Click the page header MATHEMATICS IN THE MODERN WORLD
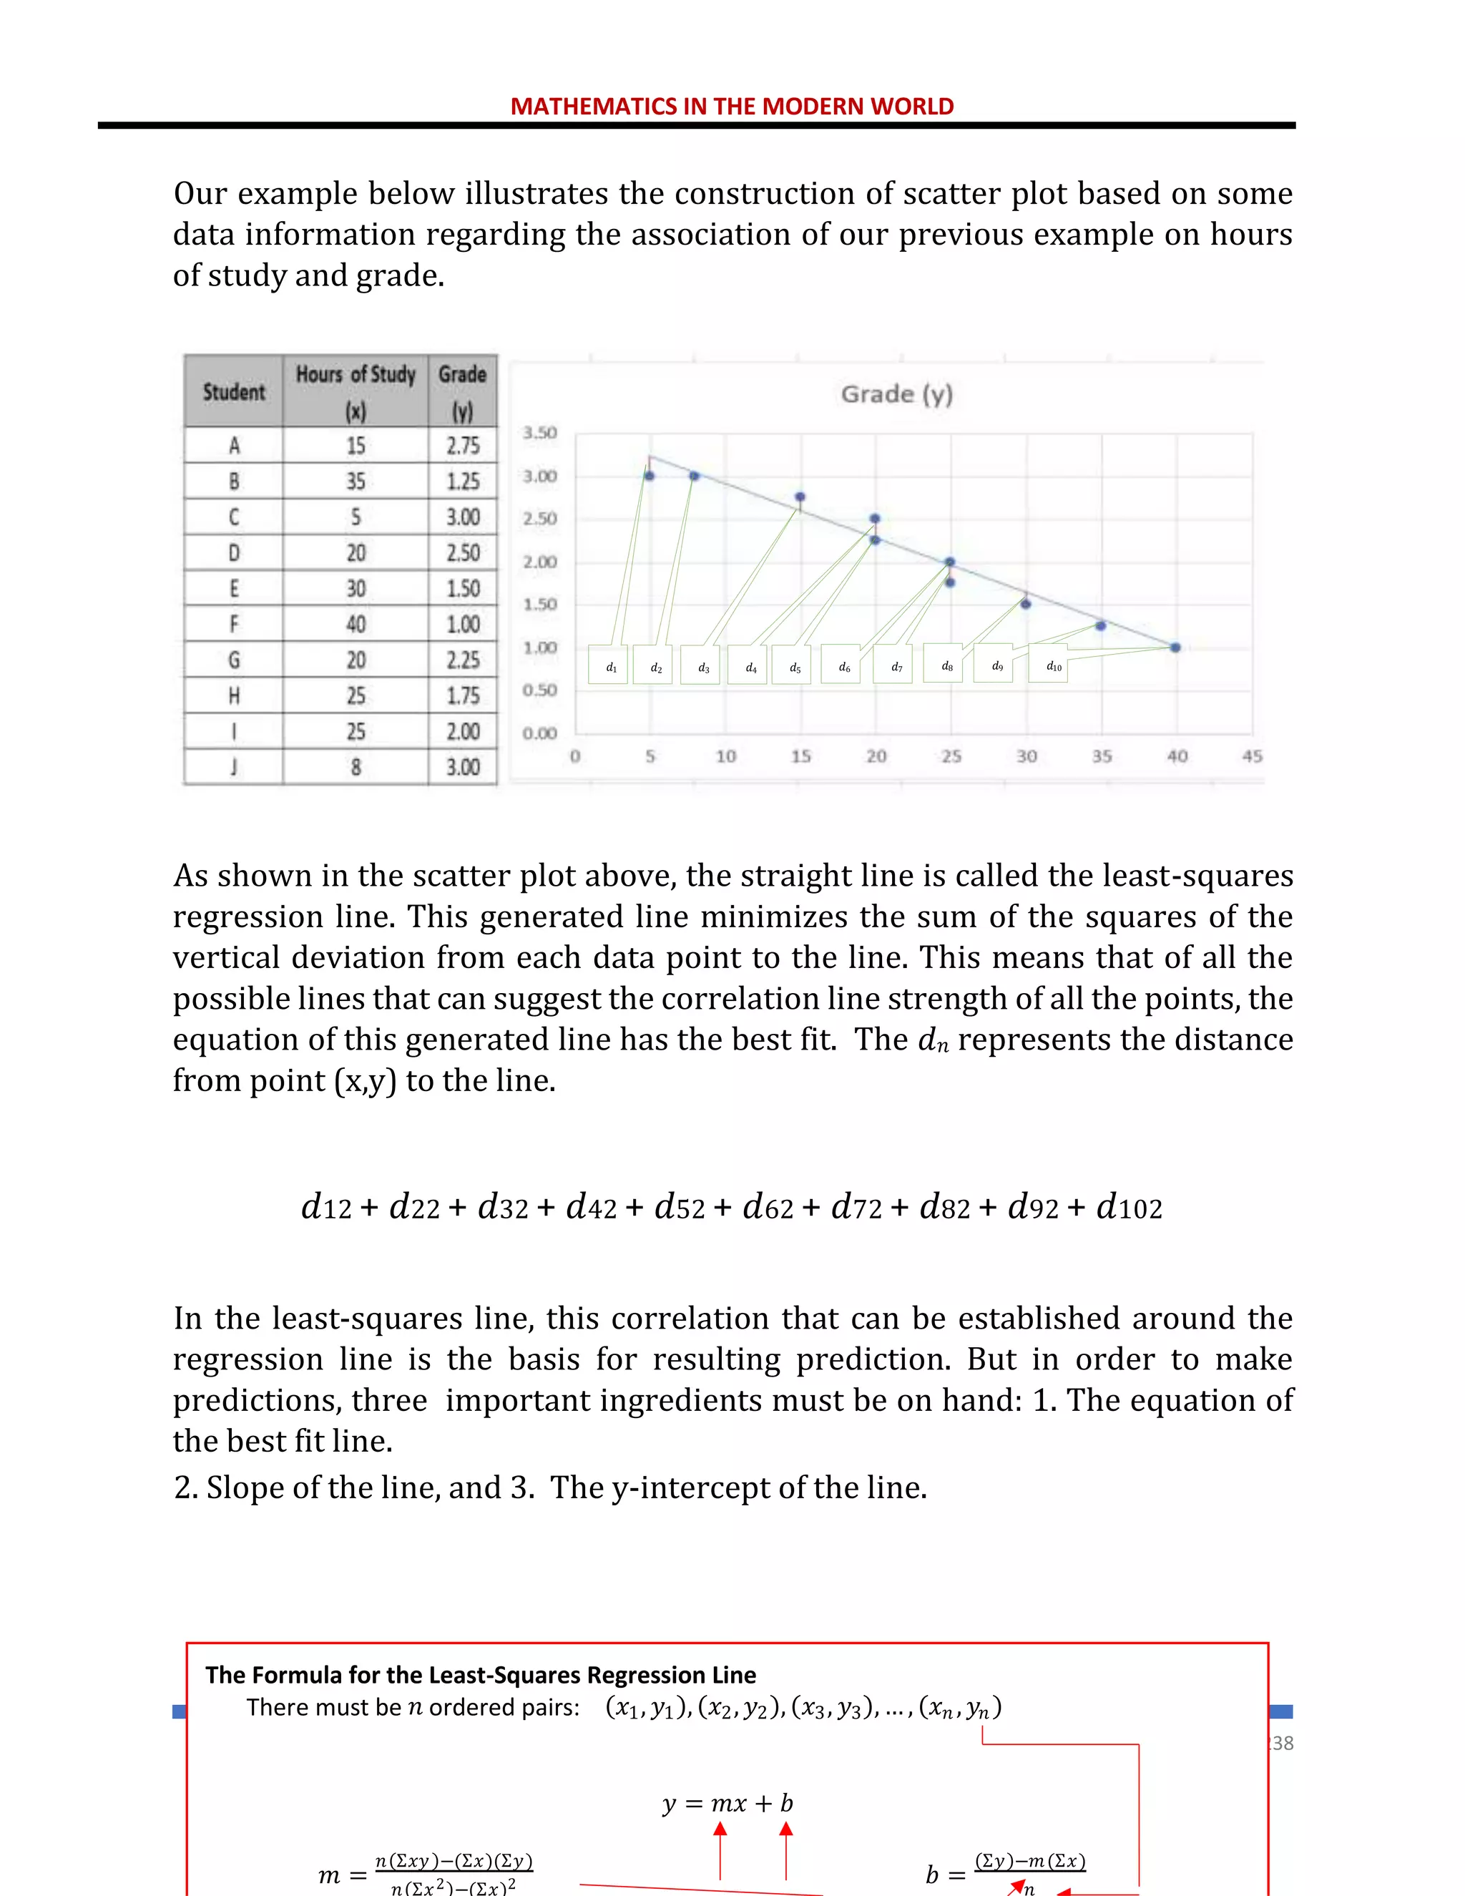732,106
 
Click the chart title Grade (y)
896,394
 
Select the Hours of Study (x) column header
355,391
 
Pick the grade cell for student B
463,481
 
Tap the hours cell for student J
355,766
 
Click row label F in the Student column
233,624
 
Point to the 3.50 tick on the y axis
539,432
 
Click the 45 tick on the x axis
1252,756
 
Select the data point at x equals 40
1175,648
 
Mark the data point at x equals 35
1100,625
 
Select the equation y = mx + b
727,1803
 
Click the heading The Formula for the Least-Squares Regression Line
480,1675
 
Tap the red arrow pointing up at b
785,1848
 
